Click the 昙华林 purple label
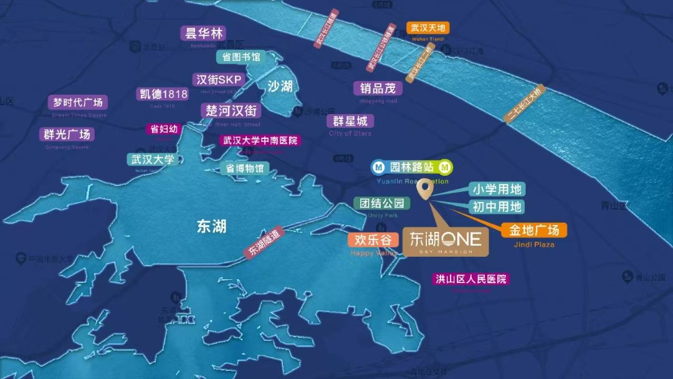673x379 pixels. (203, 33)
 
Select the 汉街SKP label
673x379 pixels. (218, 80)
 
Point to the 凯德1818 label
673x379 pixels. (163, 94)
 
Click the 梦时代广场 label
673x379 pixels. (78, 102)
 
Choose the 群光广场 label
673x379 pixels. (67, 134)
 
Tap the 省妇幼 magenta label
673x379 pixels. (164, 130)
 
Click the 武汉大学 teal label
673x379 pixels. (153, 160)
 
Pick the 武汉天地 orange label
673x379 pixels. (427, 28)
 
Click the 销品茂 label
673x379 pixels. (378, 89)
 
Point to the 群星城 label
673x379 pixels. (350, 121)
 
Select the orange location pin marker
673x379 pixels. (426, 189)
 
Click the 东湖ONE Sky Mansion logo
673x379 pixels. (446, 241)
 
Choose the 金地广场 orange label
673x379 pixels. (534, 230)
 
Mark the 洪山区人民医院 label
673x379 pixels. (471, 279)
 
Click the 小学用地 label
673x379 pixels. (496, 189)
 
